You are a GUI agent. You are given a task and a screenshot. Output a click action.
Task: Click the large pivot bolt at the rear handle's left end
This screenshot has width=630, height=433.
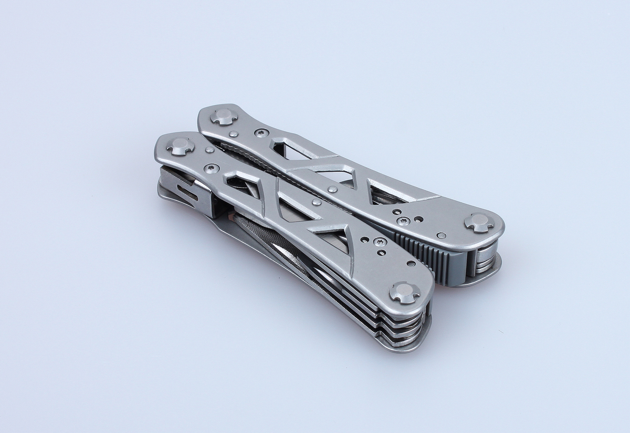point(224,116)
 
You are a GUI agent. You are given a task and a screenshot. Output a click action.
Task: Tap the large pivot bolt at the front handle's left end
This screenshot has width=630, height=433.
point(181,146)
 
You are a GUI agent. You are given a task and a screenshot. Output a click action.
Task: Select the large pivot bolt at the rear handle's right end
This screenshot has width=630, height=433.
point(479,222)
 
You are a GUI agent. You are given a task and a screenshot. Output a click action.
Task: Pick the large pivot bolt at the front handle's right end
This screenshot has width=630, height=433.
point(405,292)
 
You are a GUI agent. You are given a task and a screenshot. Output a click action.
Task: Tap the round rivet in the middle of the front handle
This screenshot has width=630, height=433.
point(316,202)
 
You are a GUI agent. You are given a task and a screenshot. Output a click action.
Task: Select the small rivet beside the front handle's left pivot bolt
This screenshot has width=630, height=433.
point(209,150)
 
